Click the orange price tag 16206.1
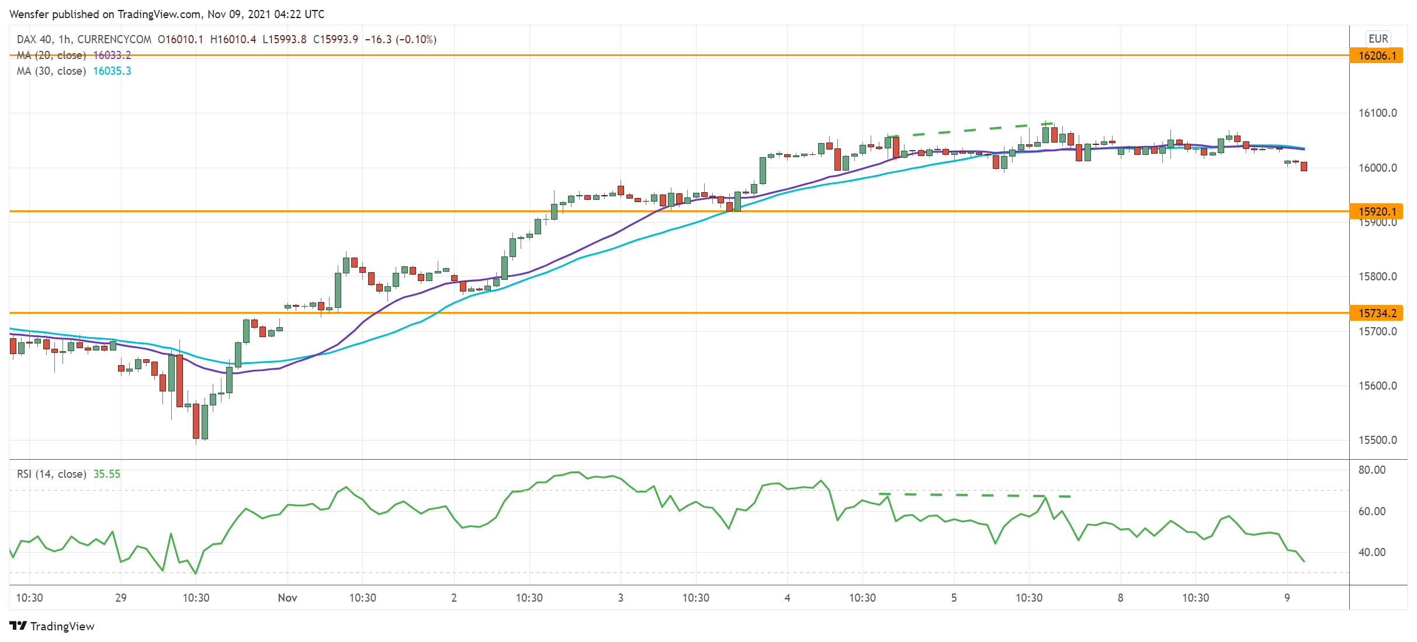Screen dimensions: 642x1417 point(1377,55)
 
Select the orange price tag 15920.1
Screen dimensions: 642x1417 point(1377,211)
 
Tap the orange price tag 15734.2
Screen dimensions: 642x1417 point(1377,313)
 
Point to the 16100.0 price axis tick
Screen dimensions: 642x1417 point(1377,113)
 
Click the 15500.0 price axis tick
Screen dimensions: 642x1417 point(1377,440)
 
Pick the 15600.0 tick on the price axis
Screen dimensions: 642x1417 point(1377,386)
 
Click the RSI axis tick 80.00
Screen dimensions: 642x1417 point(1371,470)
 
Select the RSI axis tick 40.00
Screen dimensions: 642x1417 point(1371,552)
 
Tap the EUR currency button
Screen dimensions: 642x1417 point(1378,39)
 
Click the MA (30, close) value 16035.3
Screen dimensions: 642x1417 point(112,71)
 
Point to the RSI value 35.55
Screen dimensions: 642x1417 point(107,474)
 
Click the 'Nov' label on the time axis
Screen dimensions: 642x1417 point(287,598)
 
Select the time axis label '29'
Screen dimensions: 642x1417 point(121,598)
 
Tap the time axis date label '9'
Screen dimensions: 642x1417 point(1287,598)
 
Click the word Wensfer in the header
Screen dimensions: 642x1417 point(29,14)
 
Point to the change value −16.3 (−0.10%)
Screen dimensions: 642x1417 point(400,39)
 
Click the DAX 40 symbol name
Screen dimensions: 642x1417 point(34,39)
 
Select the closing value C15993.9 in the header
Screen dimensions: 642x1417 point(335,39)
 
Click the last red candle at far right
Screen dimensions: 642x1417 point(1304,166)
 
